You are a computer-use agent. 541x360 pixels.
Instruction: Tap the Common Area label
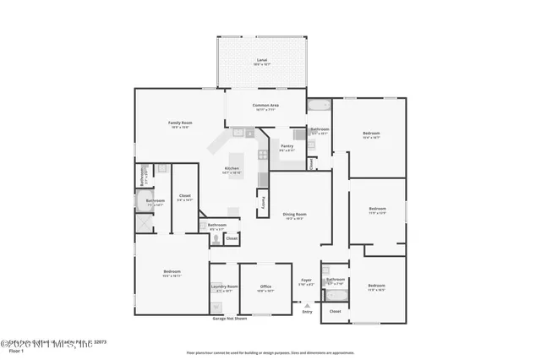click(265, 105)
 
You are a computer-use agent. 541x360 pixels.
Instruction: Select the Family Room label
click(182, 123)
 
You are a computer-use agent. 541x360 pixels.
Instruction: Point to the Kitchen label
click(232, 168)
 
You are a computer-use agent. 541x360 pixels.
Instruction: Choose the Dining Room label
click(294, 215)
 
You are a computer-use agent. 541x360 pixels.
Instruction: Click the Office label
click(265, 286)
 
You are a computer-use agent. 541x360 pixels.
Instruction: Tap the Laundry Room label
click(224, 286)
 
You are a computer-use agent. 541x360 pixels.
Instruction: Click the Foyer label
click(306, 281)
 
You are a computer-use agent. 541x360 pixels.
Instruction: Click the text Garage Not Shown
click(230, 319)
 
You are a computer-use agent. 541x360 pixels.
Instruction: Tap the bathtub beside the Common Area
click(319, 106)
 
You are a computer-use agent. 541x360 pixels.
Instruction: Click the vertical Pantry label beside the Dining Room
click(263, 203)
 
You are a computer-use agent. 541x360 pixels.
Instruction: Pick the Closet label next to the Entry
click(335, 311)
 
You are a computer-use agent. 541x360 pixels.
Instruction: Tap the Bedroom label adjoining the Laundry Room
click(172, 272)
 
